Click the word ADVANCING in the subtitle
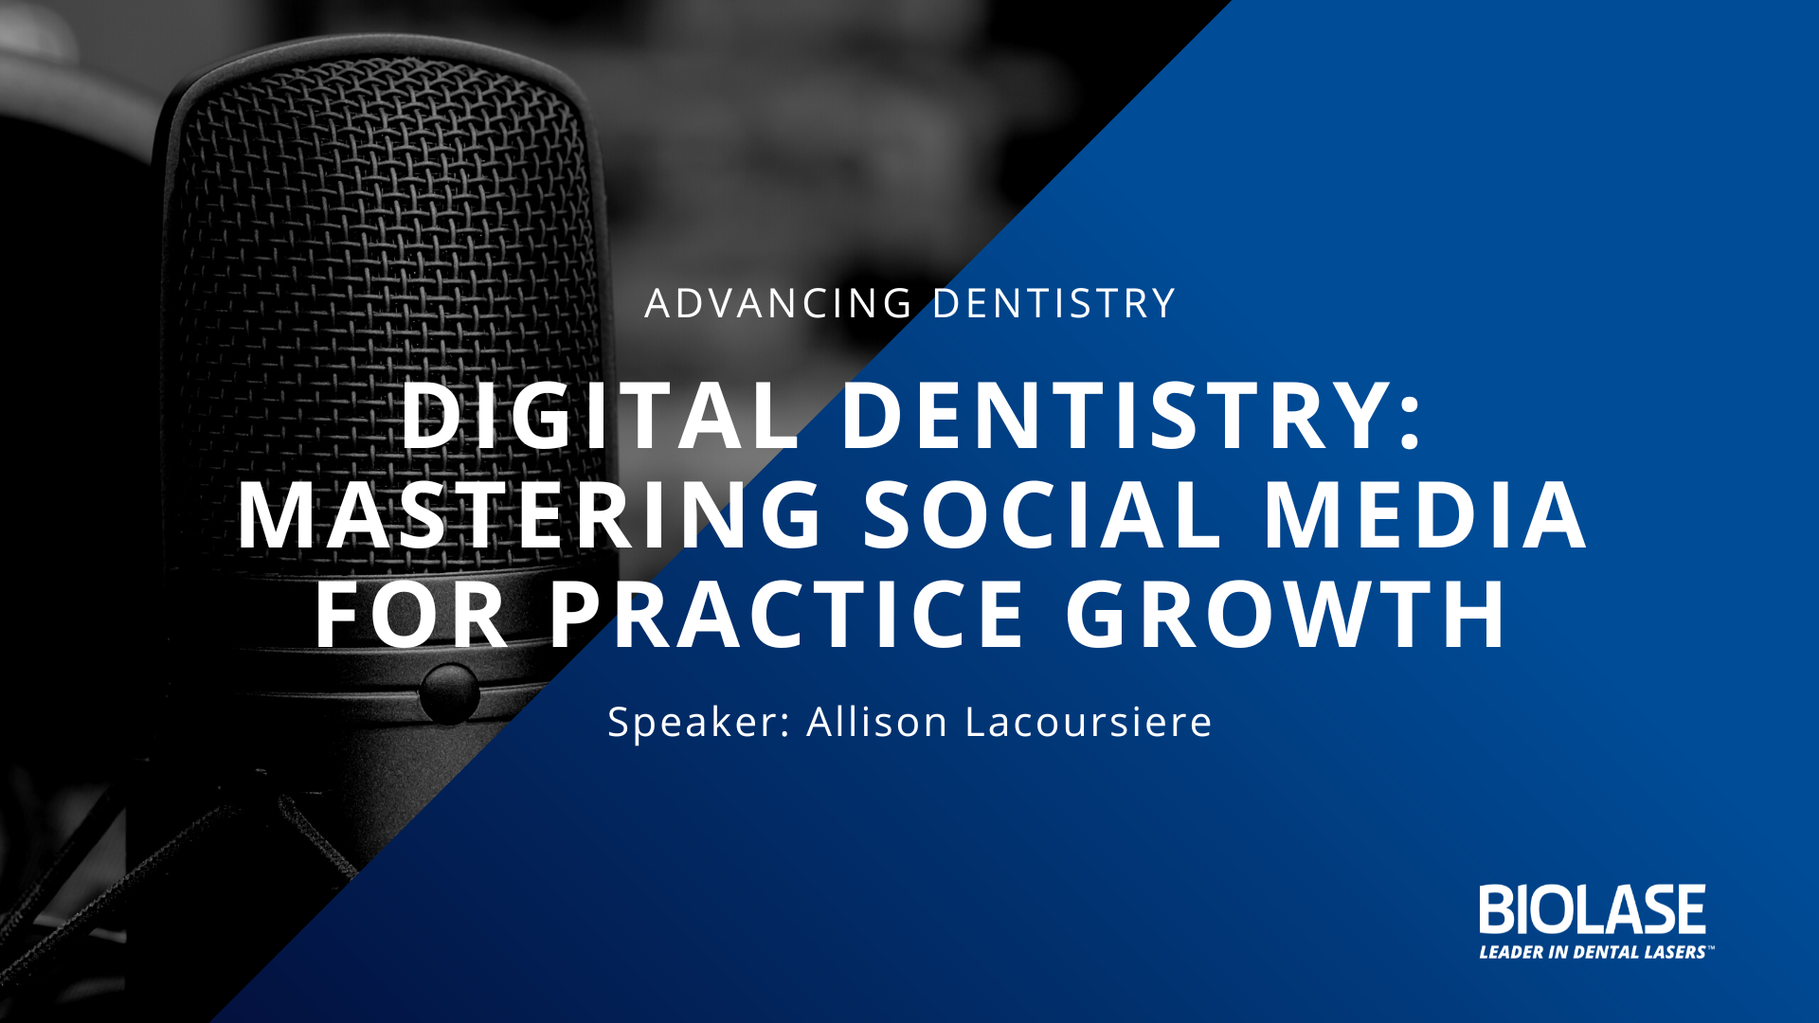[779, 303]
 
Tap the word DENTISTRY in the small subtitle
[1054, 303]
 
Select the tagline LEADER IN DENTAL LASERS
[1593, 952]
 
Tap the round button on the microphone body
[449, 694]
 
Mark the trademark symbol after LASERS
[1711, 946]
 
